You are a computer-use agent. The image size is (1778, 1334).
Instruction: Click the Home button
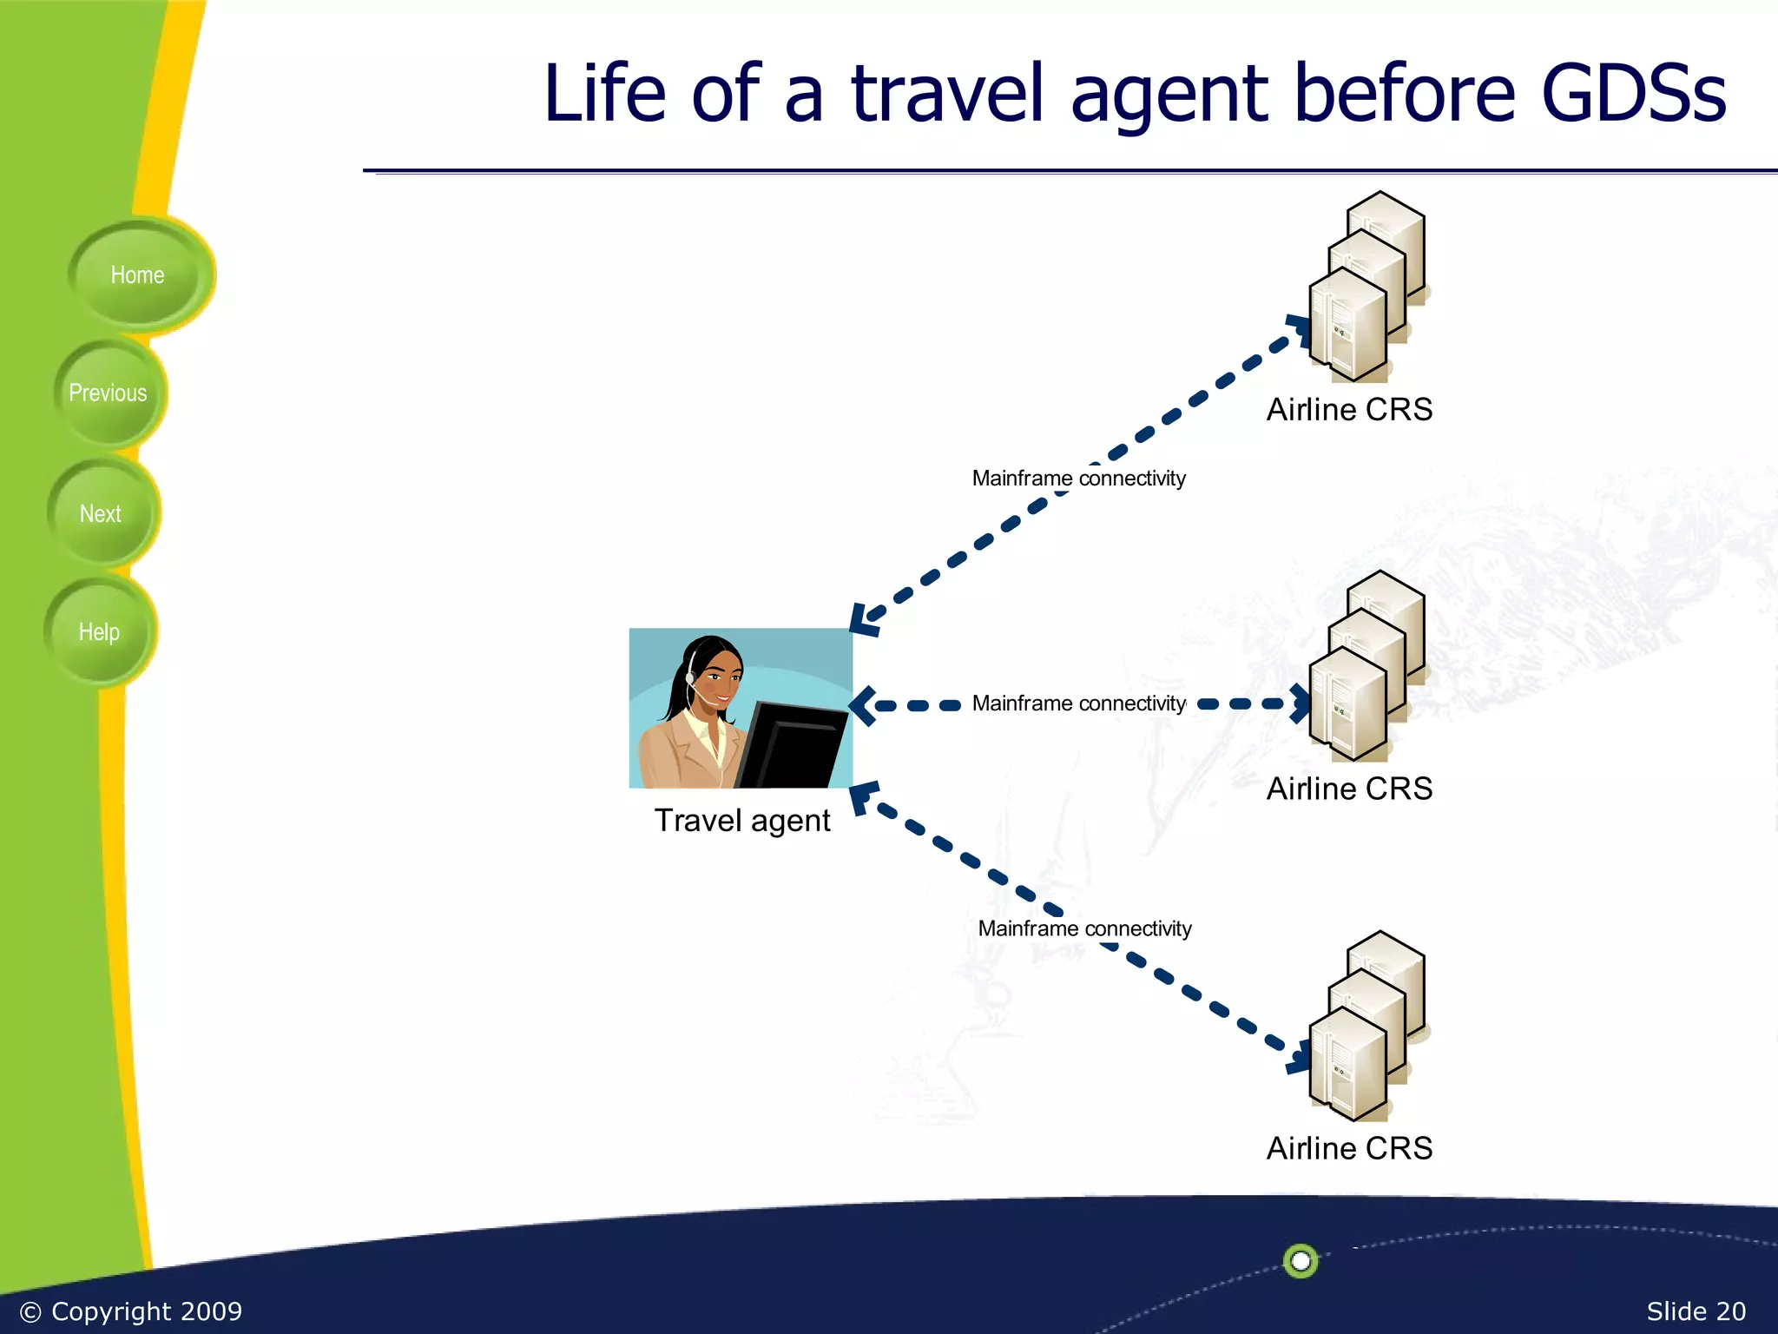137,275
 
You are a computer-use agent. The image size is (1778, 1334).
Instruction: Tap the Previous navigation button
108,393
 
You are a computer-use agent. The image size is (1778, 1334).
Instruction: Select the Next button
101,514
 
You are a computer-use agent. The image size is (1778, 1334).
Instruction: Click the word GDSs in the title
1633,93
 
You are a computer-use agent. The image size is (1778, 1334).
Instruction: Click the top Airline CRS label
1349,410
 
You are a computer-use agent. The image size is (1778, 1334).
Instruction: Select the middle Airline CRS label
1349,789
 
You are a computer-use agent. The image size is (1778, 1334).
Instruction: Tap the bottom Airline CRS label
1349,1148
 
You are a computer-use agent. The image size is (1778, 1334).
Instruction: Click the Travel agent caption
742,821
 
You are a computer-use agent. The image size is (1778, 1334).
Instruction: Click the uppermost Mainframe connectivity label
1078,479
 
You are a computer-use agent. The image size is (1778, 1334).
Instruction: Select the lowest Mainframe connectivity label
1084,928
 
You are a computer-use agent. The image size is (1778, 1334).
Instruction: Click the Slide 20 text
1696,1311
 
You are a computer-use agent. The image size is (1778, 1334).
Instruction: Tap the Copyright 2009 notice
131,1311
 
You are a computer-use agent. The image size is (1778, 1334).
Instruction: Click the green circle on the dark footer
1301,1260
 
